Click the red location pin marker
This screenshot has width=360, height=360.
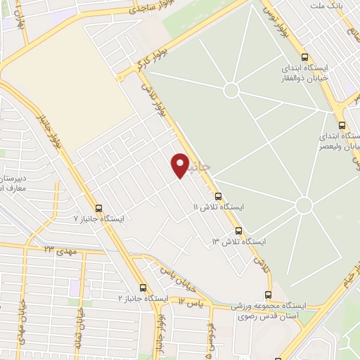coord(181,165)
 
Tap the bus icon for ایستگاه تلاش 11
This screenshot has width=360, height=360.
coord(217,196)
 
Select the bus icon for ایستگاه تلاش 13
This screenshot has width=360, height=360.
coord(238,231)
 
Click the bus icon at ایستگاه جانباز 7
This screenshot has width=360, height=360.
coord(98,208)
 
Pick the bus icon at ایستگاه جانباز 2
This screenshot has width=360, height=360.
coord(143,288)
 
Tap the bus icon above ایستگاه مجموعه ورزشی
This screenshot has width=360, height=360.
coord(268,295)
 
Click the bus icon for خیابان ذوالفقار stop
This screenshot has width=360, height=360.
coord(304,58)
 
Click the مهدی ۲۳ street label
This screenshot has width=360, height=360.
coord(59,250)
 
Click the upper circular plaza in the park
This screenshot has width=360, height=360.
coord(231,90)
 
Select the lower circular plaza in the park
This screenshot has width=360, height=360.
coord(303,205)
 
